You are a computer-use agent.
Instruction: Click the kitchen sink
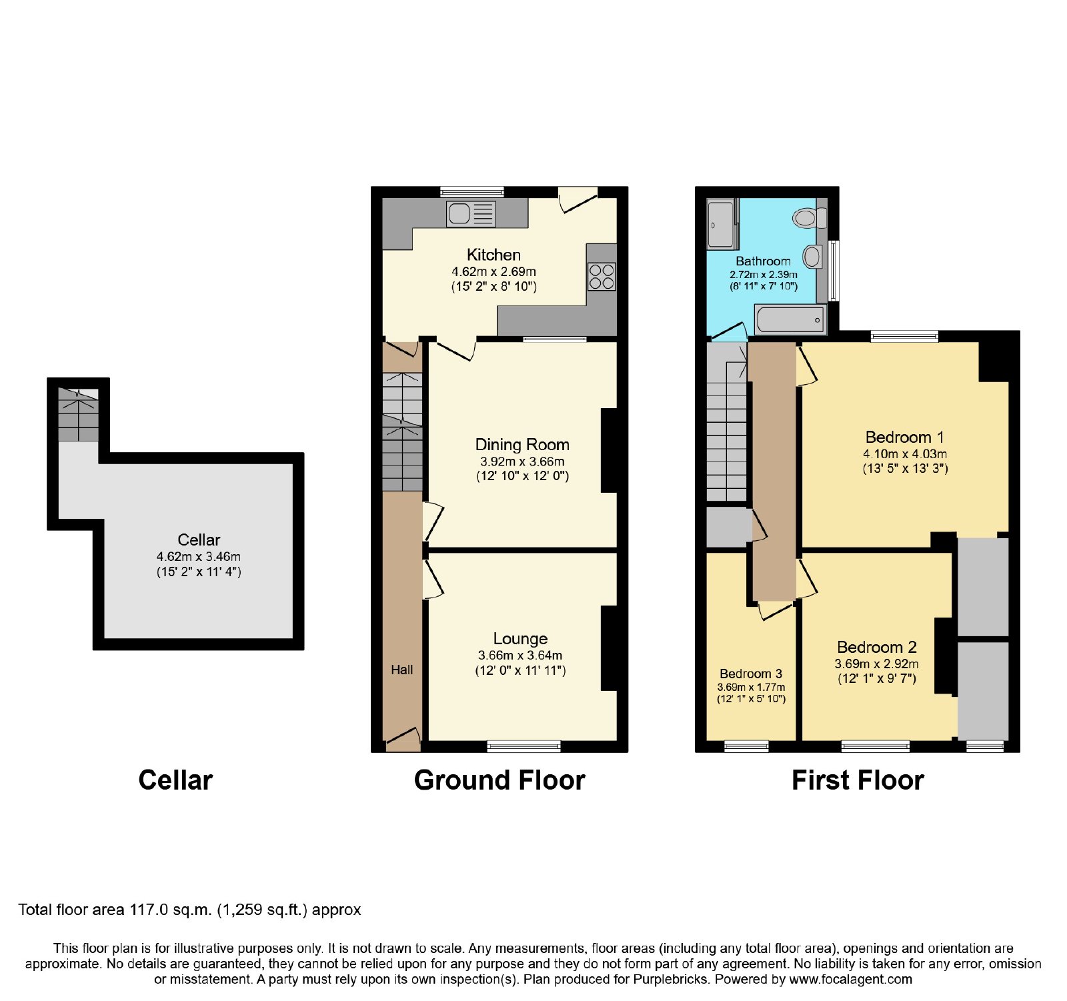point(471,213)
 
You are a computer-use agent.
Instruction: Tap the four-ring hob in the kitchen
point(602,277)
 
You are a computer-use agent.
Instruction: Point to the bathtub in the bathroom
point(790,319)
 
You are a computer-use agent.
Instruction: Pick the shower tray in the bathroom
point(722,225)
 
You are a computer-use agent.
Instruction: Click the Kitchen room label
point(493,255)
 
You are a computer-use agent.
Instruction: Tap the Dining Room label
point(522,444)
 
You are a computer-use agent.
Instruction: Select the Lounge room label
point(520,639)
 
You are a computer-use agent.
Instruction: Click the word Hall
point(402,670)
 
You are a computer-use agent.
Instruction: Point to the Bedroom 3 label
point(751,674)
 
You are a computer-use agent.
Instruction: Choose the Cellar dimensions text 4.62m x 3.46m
point(199,556)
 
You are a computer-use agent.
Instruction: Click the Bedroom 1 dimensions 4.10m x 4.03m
point(905,453)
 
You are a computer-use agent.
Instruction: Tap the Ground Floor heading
point(499,780)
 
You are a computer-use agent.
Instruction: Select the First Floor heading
point(858,780)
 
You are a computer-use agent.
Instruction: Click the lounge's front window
point(524,746)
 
